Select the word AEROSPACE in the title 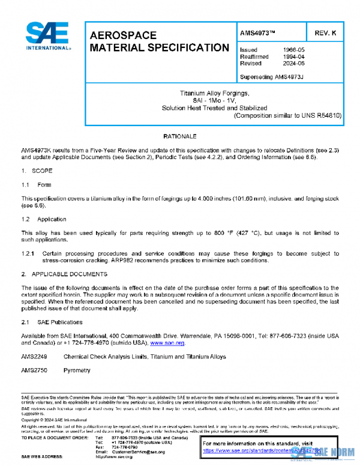coord(123,35)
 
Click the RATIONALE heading coord(179,137)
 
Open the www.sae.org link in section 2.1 coord(167,343)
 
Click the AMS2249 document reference coord(34,357)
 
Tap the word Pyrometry coord(77,371)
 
